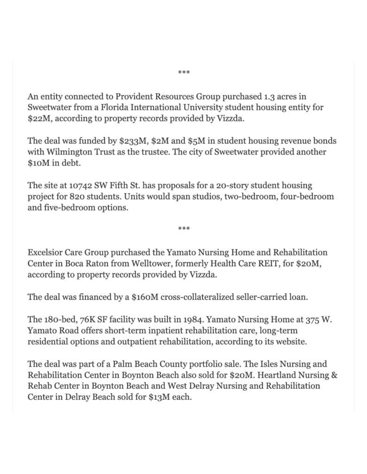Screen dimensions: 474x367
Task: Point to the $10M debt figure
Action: click(38, 162)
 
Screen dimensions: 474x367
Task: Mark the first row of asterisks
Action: click(184, 73)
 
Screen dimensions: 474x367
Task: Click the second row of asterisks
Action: click(184, 229)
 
